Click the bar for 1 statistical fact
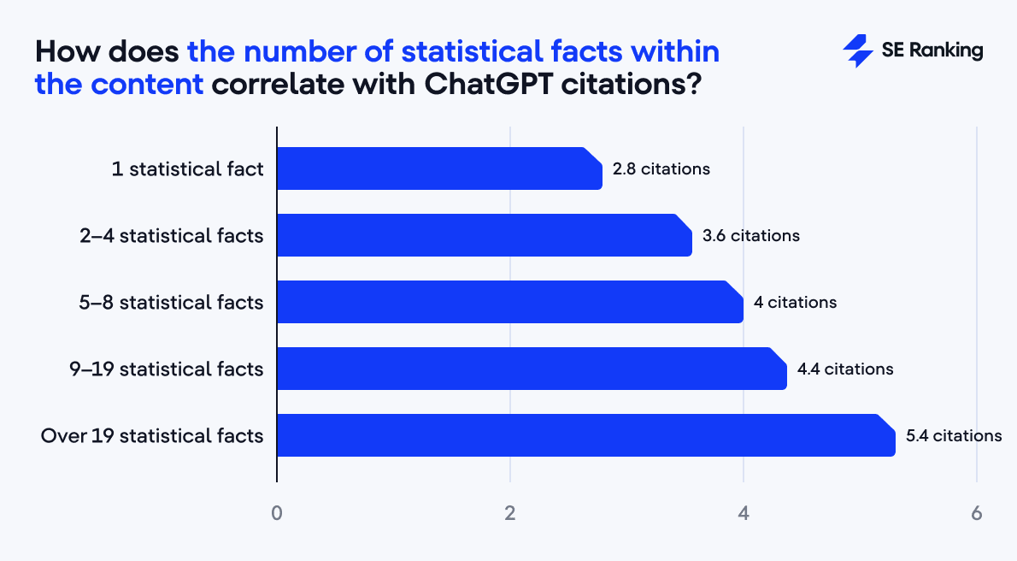tap(439, 168)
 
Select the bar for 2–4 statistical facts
tap(484, 235)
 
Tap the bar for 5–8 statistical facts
tap(509, 302)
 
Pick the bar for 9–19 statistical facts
tap(532, 369)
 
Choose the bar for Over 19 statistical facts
tap(585, 435)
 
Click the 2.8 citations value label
tap(661, 168)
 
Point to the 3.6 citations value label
tap(750, 235)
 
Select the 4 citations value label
tap(795, 302)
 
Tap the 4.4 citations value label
tap(845, 369)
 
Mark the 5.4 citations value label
tap(954, 435)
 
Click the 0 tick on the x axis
tap(277, 514)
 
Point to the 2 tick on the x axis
tap(510, 514)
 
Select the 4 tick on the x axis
tap(744, 514)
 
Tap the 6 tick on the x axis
tap(977, 514)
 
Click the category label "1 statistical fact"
tap(187, 168)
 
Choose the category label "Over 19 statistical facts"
tap(152, 435)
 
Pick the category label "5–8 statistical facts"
tap(170, 302)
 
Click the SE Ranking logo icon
tap(857, 51)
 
